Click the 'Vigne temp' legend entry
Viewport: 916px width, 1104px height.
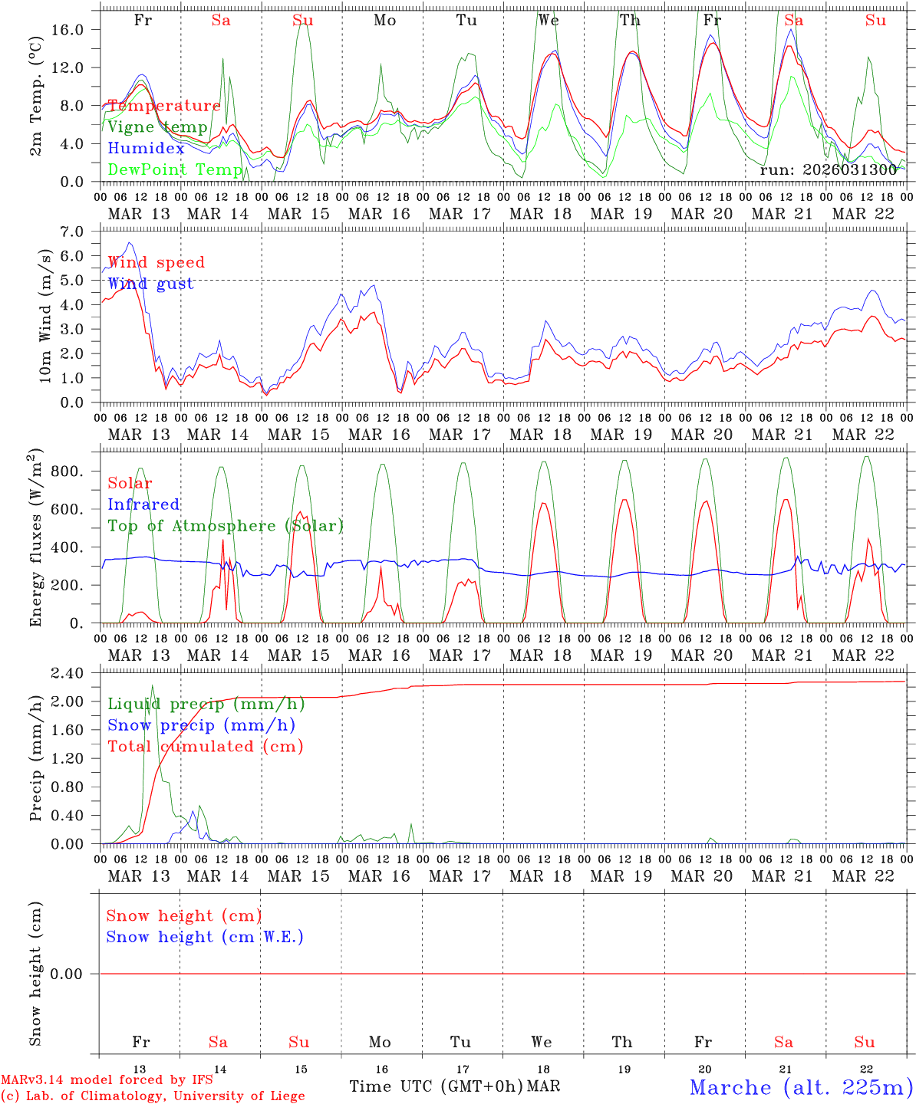pyautogui.click(x=157, y=127)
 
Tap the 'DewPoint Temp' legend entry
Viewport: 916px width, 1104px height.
pyautogui.click(x=175, y=169)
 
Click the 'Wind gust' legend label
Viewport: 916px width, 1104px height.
pyautogui.click(x=150, y=284)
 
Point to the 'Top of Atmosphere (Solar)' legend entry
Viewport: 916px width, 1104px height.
pyautogui.click(x=226, y=526)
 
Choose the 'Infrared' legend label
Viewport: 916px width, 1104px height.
pyautogui.click(x=143, y=504)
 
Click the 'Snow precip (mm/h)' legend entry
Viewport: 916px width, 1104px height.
pyautogui.click(x=201, y=725)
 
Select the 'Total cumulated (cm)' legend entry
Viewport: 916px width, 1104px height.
pyautogui.click(x=205, y=746)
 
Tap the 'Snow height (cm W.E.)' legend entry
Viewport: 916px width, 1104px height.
pyautogui.click(x=205, y=937)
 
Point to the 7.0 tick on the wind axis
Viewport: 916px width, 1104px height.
pyautogui.click(x=80, y=232)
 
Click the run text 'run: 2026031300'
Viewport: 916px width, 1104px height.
pyautogui.click(x=828, y=170)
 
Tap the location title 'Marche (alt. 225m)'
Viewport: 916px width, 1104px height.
pyautogui.click(x=801, y=1087)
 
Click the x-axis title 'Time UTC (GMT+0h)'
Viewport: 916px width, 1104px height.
pyautogui.click(x=436, y=1086)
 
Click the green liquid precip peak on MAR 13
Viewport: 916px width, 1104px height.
pyautogui.click(x=152, y=686)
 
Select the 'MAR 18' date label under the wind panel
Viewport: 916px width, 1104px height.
pyautogui.click(x=540, y=435)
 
